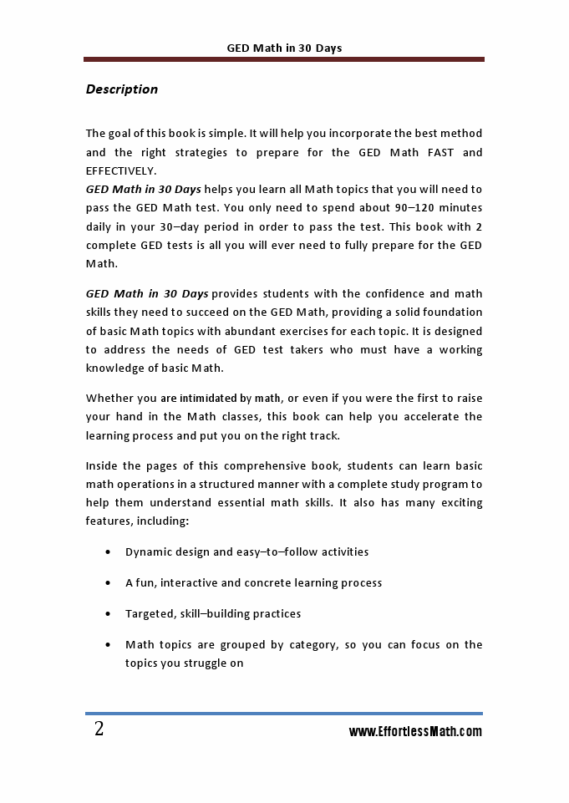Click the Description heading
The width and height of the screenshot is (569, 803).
coord(122,89)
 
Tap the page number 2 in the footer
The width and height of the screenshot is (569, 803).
coord(99,729)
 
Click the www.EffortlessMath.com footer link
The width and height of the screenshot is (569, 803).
coord(415,732)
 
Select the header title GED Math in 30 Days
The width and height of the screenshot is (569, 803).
coord(284,48)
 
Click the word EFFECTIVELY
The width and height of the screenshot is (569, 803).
coord(121,170)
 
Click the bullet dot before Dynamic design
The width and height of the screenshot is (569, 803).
coord(109,552)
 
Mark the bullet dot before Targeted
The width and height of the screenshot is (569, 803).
coord(109,614)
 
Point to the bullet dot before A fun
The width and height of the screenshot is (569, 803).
coord(109,583)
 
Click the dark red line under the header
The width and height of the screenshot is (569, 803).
coord(284,59)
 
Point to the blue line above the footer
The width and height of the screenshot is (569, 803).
coord(284,714)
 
